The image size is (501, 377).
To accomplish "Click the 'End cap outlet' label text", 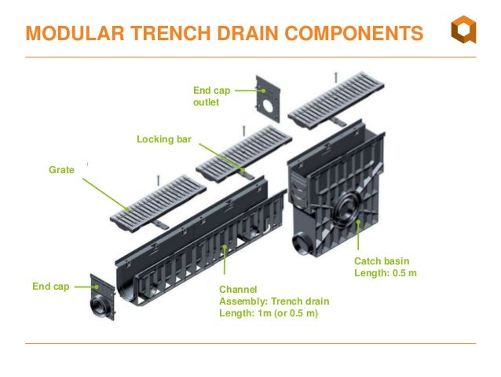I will pyautogui.click(x=211, y=96).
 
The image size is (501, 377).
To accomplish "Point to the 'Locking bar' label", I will pyautogui.click(x=164, y=139).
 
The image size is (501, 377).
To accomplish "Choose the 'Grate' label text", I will pyautogui.click(x=61, y=168).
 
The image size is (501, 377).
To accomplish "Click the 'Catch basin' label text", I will pyautogui.click(x=382, y=261).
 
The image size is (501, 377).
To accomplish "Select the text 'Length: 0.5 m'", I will pyautogui.click(x=386, y=273).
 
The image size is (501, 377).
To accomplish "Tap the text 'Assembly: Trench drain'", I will pyautogui.click(x=274, y=301).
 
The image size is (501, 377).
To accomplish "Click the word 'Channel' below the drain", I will pyautogui.click(x=237, y=289).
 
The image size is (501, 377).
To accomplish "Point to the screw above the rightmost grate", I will pyautogui.click(x=336, y=76).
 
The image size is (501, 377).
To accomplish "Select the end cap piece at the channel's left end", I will pyautogui.click(x=103, y=298).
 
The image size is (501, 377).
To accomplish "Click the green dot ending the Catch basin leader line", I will pyautogui.click(x=358, y=223).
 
